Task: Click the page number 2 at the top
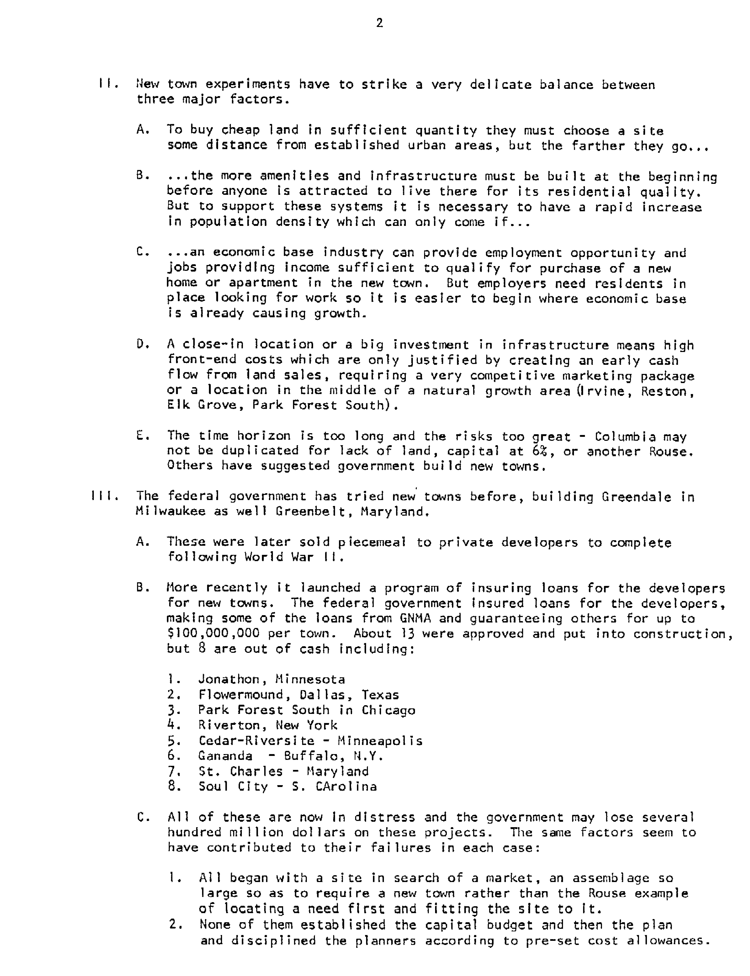(x=379, y=23)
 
